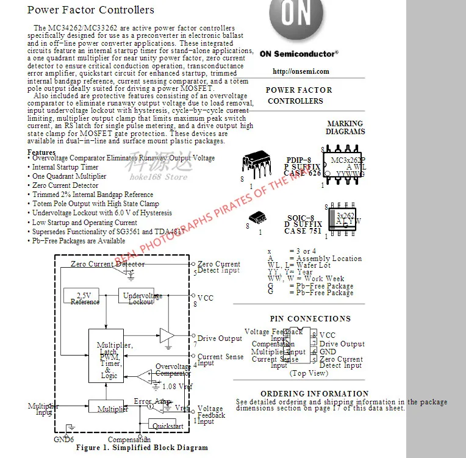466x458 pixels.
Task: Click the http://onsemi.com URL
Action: coord(300,71)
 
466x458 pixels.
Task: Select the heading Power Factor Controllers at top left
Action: coord(91,10)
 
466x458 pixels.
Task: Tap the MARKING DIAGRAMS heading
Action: coord(345,127)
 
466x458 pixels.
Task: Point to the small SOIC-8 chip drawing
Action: coord(257,218)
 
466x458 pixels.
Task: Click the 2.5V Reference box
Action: coord(85,298)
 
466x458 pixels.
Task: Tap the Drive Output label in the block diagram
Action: coord(220,338)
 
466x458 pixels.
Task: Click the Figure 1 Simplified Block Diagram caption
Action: coord(142,448)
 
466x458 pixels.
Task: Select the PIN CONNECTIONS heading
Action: coord(310,319)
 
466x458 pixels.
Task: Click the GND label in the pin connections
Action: coord(328,352)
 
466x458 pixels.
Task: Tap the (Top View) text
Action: coord(308,373)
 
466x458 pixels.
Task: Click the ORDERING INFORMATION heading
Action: coord(314,394)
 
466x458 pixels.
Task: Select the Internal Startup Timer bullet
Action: coord(65,167)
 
